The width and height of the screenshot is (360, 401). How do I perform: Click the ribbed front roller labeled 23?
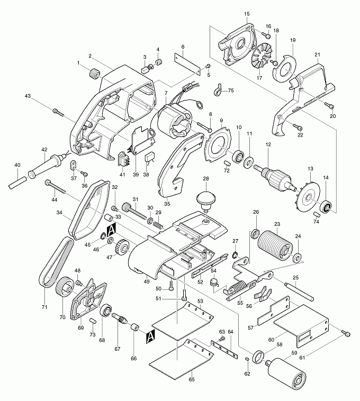274,246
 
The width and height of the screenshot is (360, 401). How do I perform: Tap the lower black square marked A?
150,335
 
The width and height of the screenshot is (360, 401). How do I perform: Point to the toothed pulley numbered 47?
122,248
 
